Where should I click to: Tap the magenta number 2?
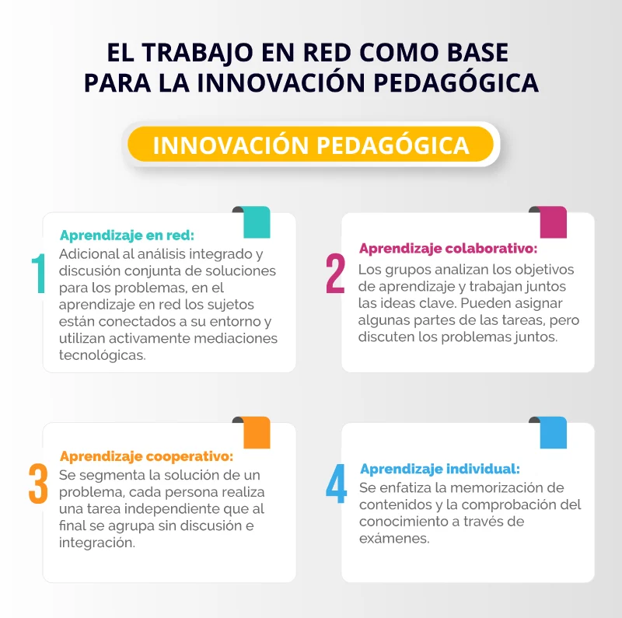pyautogui.click(x=335, y=274)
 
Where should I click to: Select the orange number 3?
pyautogui.click(x=38, y=484)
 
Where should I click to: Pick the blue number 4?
pyautogui.click(x=336, y=484)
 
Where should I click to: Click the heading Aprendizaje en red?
pyautogui.click(x=127, y=236)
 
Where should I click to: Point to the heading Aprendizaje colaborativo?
pyautogui.click(x=449, y=248)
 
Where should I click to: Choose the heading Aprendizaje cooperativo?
pyautogui.click(x=146, y=456)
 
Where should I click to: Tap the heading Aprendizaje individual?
pyautogui.click(x=440, y=469)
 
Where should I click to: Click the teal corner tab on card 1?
pyautogui.click(x=257, y=222)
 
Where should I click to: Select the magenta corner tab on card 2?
pyautogui.click(x=553, y=222)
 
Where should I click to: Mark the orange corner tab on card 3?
pyautogui.click(x=257, y=432)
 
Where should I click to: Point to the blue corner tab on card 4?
pyautogui.click(x=553, y=432)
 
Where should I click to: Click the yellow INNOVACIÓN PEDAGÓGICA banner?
pyautogui.click(x=310, y=145)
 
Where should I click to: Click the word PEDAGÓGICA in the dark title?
pyautogui.click(x=456, y=82)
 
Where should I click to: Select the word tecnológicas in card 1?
pyautogui.click(x=103, y=355)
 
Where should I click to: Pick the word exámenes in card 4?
pyautogui.click(x=394, y=538)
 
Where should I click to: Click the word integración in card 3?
pyautogui.click(x=97, y=543)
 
